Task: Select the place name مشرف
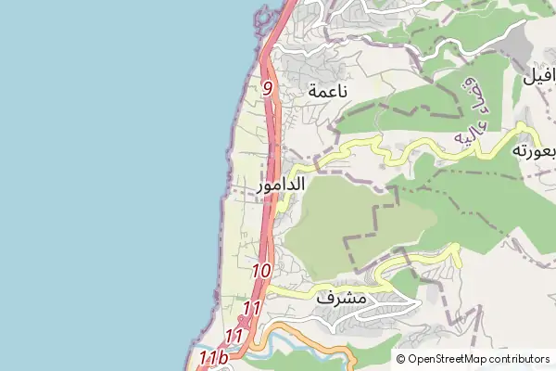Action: [x=341, y=300]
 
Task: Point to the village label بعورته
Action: [x=532, y=150]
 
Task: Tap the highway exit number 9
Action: [x=268, y=89]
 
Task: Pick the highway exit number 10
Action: [x=260, y=271]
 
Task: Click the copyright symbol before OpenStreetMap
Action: [x=401, y=359]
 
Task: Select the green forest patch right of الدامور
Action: [x=352, y=218]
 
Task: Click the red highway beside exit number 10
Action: [x=271, y=260]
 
